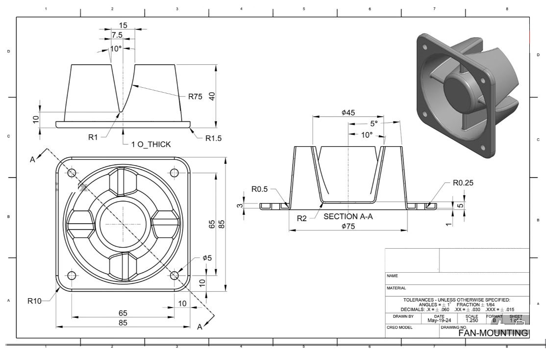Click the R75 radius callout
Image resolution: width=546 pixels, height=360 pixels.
(x=195, y=97)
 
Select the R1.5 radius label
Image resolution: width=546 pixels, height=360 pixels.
(x=213, y=139)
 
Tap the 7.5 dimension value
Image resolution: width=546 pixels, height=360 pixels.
(x=117, y=35)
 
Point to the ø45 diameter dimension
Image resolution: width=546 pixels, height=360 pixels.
(x=348, y=113)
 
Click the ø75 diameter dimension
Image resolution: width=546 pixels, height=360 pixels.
(x=348, y=226)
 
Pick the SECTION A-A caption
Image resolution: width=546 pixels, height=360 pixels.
(x=348, y=216)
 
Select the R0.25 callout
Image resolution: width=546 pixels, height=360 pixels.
(x=463, y=183)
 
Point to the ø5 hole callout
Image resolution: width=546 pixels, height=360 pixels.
(x=207, y=258)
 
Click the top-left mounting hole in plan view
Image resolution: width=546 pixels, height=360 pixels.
(x=72, y=173)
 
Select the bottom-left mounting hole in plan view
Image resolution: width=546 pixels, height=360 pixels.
(x=72, y=275)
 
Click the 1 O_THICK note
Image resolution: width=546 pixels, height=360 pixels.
(x=151, y=144)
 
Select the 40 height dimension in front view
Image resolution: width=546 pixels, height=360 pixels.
(x=212, y=96)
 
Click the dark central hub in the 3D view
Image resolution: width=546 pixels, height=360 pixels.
(x=457, y=91)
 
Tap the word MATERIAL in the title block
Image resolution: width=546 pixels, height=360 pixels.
(x=396, y=288)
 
